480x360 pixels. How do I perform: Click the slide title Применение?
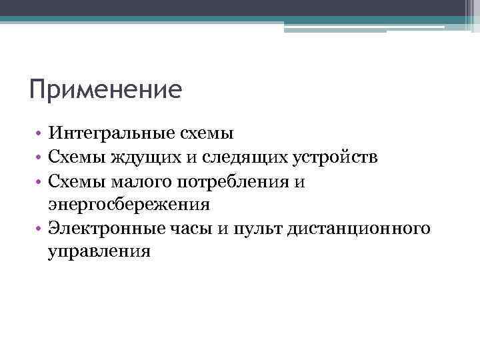tap(105, 89)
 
